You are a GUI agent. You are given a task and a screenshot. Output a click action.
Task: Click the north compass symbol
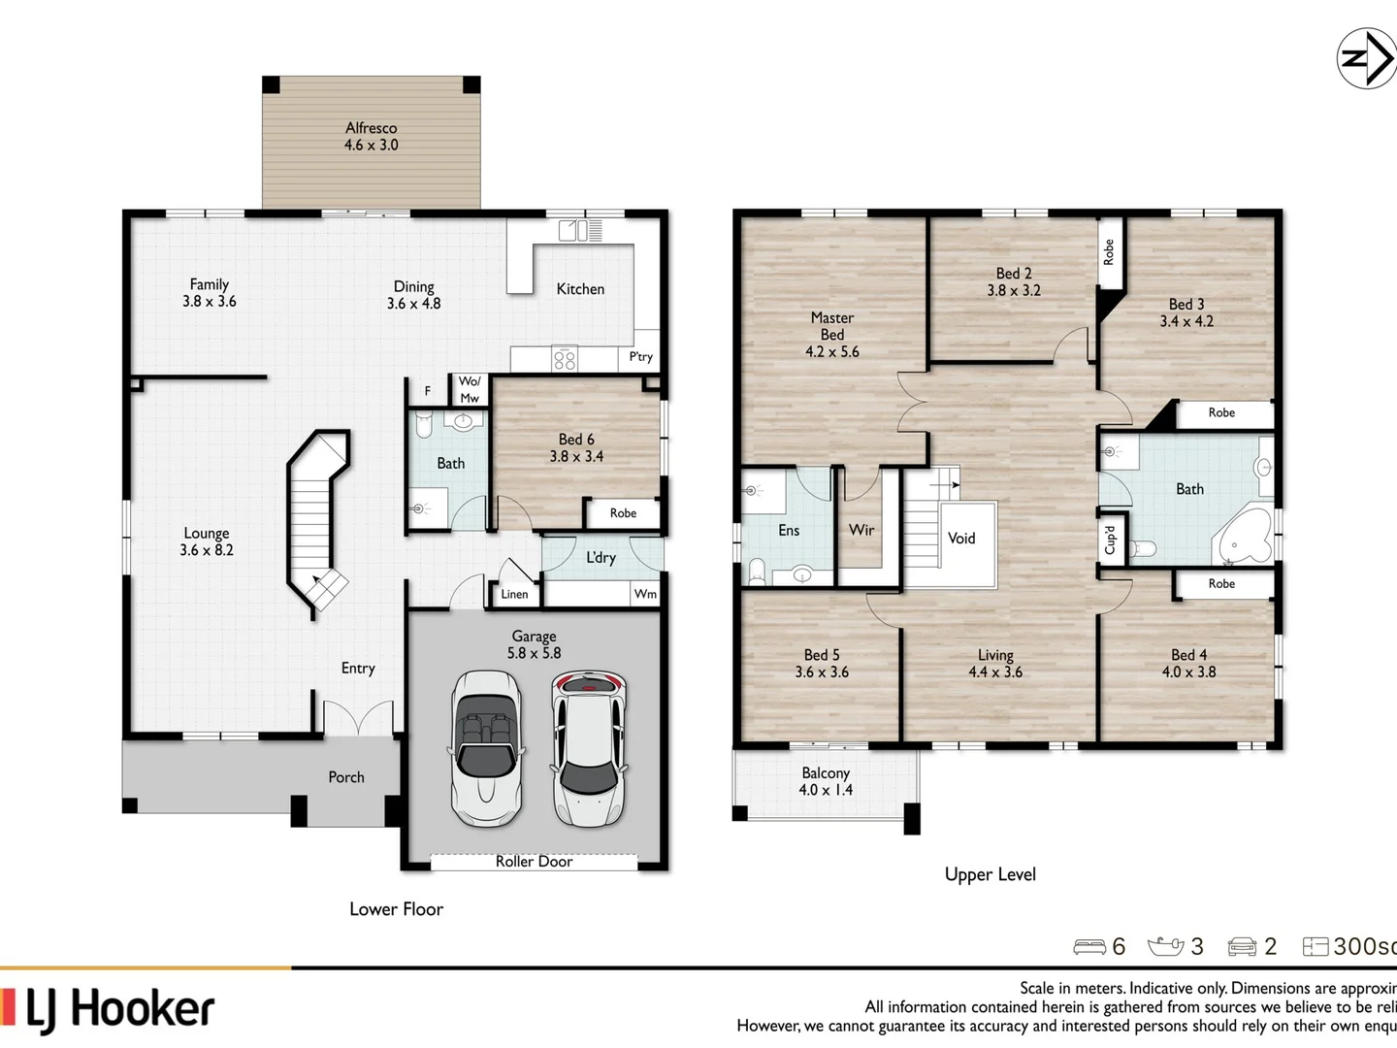1366,59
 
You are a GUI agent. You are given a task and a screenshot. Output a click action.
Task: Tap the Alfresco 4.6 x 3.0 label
371,137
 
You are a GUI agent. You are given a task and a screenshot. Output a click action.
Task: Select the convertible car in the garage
486,748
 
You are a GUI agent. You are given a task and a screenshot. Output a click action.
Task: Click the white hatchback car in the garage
589,747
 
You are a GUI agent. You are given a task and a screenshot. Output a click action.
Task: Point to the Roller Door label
534,862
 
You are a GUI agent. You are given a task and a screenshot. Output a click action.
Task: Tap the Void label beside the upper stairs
961,539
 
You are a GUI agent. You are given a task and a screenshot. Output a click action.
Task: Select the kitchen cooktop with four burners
564,359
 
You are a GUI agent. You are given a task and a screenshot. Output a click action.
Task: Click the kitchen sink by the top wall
579,230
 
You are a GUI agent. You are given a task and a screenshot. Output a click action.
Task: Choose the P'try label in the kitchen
640,357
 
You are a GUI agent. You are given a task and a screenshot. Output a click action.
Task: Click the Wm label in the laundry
645,594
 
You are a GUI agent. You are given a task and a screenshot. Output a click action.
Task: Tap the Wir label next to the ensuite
861,530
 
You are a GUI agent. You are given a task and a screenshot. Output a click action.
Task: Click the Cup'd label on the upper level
1112,539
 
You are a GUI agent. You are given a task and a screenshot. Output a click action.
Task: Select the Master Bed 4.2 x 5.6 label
831,335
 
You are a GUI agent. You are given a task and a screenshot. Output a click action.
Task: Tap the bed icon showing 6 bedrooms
1089,946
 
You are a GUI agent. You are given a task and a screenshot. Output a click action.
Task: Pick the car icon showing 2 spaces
1242,946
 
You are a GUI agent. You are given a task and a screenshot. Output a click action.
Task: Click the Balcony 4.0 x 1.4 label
826,781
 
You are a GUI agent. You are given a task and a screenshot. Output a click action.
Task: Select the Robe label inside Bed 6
623,513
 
